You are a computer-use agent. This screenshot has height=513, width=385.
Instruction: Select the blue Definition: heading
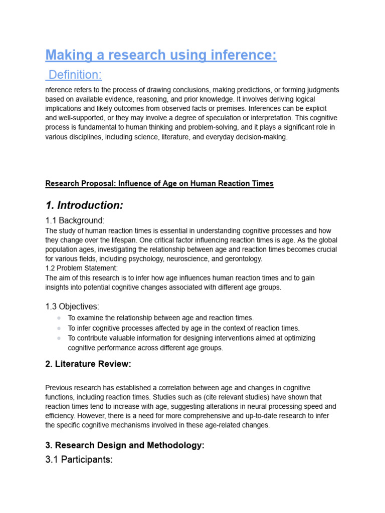point(75,75)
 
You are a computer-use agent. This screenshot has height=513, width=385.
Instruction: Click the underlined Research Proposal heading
point(159,183)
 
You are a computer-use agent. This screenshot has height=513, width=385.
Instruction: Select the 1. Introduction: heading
point(84,205)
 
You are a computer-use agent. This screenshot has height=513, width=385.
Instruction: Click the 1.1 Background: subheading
point(75,220)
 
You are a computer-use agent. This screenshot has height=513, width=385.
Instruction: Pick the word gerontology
point(243,259)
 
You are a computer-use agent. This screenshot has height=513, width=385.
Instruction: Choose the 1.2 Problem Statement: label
point(81,268)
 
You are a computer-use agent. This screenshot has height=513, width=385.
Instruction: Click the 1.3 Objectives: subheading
point(72,307)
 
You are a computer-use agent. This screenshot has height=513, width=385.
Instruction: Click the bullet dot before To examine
point(59,318)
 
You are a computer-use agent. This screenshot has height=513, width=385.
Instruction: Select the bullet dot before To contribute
point(59,338)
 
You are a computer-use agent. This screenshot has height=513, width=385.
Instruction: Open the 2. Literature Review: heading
point(88,364)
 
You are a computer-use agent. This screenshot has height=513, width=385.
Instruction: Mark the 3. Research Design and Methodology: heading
point(125,445)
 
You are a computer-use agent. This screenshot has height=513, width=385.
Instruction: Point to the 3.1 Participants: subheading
point(79,459)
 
